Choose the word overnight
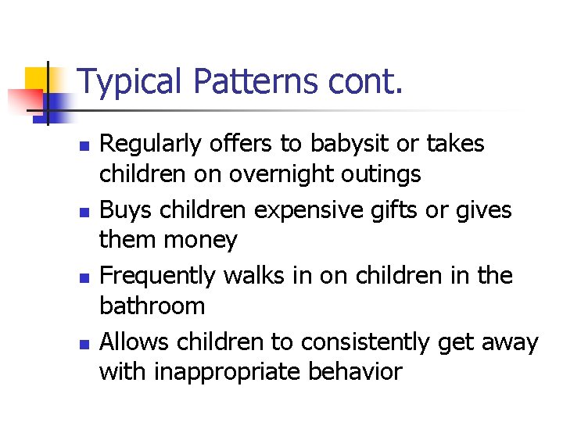click(x=291, y=174)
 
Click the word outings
click(x=387, y=174)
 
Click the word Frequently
click(x=160, y=276)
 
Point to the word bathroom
click(x=152, y=306)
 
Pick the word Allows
click(x=135, y=342)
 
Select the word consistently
click(x=353, y=342)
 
